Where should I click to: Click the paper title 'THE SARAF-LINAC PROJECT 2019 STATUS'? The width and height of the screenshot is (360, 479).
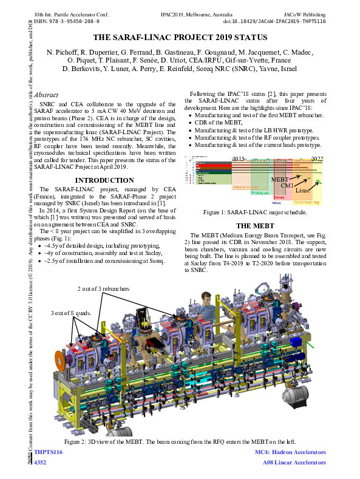click(180, 37)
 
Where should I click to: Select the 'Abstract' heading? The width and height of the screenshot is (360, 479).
click(47, 95)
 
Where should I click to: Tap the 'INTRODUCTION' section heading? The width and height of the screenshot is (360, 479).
click(104, 180)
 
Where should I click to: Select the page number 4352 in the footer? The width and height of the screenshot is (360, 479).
click(40, 463)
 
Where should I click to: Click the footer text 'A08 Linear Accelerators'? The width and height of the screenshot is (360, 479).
click(294, 463)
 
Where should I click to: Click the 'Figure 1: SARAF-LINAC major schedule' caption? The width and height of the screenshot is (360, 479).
click(258, 212)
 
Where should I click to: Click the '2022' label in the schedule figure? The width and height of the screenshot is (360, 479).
click(317, 158)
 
